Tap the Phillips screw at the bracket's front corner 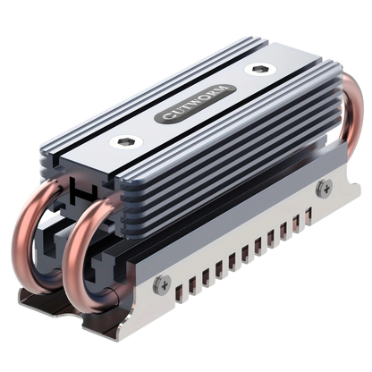click(163, 283)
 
